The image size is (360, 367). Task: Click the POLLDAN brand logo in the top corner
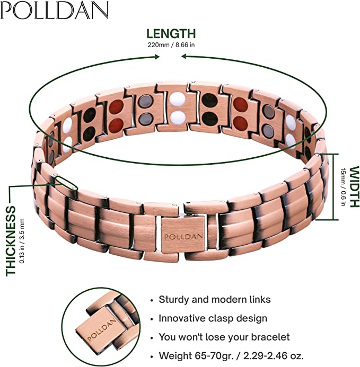[55, 10]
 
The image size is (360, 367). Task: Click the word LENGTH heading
[171, 34]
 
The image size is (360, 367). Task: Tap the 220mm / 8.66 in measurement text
[171, 44]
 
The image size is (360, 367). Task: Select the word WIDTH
[354, 187]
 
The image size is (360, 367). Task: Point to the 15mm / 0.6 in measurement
[343, 187]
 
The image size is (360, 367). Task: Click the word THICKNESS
[10, 241]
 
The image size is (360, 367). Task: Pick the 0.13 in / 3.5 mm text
[22, 241]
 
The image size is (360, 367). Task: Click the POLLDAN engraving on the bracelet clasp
[183, 237]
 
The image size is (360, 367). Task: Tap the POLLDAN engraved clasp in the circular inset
[102, 330]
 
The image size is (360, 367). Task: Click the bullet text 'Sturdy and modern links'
[215, 300]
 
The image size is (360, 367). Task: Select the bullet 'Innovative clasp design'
[213, 318]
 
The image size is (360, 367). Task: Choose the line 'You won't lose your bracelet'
[224, 337]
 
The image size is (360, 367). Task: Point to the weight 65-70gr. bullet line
[231, 356]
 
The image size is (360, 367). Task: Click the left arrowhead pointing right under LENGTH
[157, 57]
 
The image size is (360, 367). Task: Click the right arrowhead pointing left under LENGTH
[185, 57]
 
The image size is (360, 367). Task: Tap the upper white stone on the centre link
[178, 100]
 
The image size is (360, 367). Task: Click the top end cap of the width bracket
[328, 154]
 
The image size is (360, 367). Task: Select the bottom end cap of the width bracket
[327, 220]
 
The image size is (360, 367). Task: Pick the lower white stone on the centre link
[178, 118]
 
